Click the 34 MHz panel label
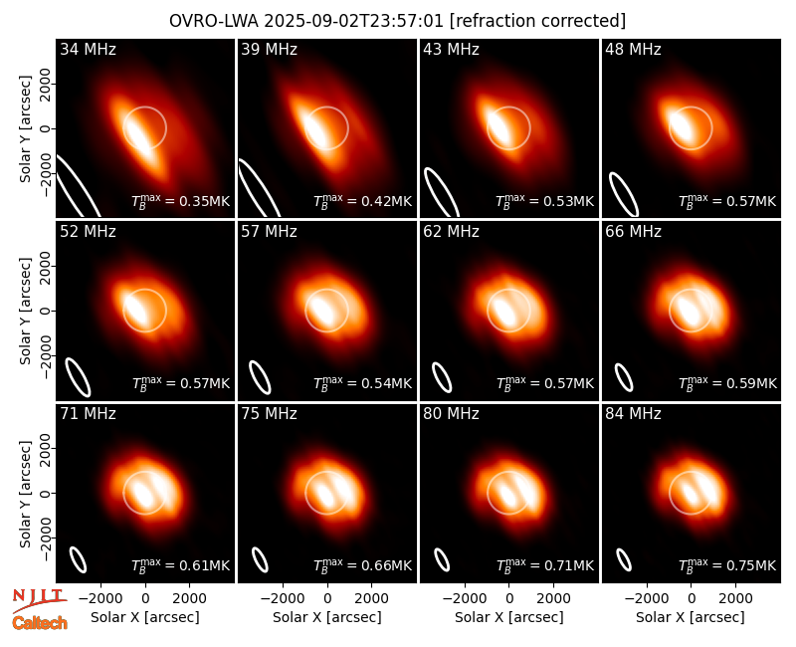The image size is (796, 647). pos(88,49)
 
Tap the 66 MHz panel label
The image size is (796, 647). pos(633,232)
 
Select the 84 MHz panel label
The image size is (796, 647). pos(633,414)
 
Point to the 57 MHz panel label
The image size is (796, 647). pos(269,232)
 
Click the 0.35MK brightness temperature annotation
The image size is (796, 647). pos(181,201)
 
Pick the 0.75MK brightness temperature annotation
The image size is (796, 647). pos(727,564)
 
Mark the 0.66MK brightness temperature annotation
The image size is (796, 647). pos(363,564)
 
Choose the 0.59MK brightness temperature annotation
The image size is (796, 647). pos(727,382)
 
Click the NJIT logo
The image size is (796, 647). pos(39,600)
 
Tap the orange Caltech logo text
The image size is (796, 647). pos(40,623)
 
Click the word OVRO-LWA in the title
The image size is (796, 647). pos(213,21)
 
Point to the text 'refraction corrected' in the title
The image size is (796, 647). pos(537,21)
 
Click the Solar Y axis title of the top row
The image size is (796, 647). pos(25,129)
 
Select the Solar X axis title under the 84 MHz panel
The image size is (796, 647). pos(691,617)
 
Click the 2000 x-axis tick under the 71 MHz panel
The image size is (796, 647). pos(189,599)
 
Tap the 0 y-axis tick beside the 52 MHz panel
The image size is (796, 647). pos(46,311)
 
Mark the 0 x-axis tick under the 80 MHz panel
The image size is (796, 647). pos(509,599)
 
